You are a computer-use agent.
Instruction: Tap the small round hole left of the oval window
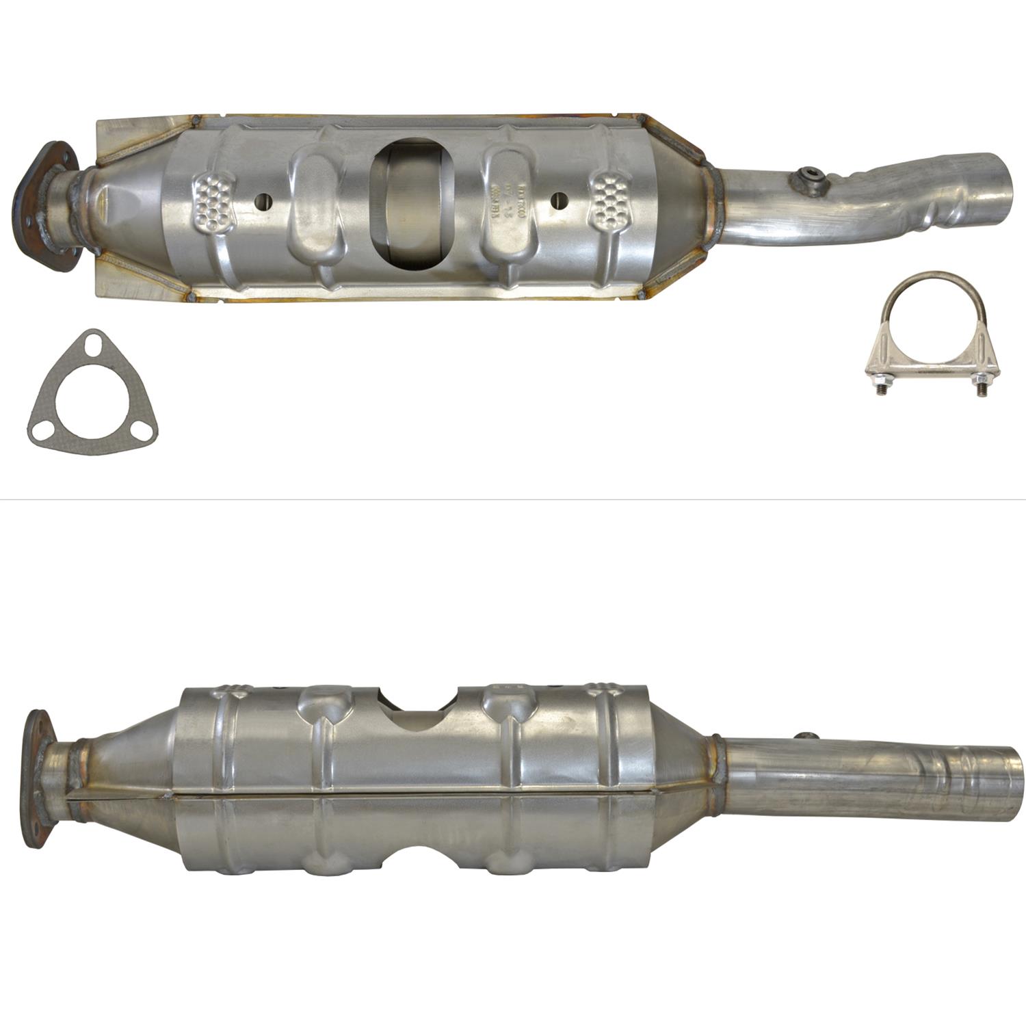pos(263,201)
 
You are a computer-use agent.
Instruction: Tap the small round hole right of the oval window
pos(560,200)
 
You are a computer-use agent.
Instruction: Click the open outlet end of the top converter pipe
pos(1000,175)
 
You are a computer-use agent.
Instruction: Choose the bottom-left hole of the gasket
pos(40,430)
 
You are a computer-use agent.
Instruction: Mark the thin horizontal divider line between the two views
pos(513,499)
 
